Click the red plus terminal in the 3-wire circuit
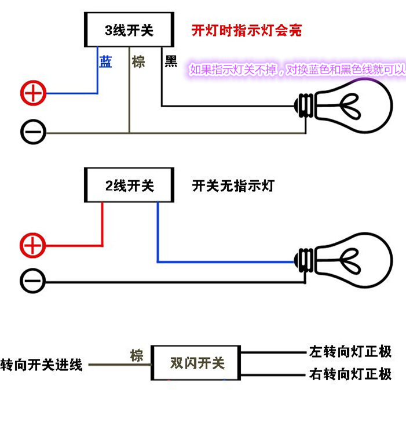tap(33, 93)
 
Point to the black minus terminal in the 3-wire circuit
tap(33, 132)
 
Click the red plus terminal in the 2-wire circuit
tap(32, 245)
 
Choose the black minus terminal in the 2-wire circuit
tap(32, 281)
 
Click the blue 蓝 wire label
tap(105, 61)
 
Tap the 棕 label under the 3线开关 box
tap(138, 61)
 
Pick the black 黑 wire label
tap(171, 61)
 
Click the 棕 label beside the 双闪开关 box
tap(137, 355)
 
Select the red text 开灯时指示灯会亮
tap(247, 30)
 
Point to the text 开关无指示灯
tap(233, 186)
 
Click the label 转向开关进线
tap(41, 365)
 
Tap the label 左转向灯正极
tap(350, 351)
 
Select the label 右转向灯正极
tap(350, 374)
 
